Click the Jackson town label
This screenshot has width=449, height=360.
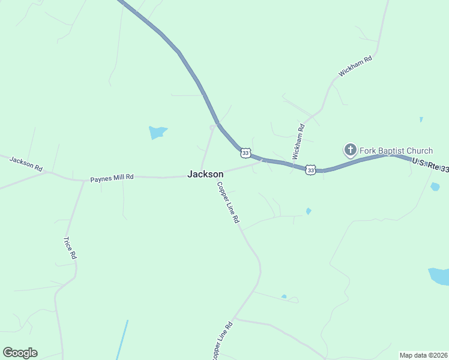pyautogui.click(x=205, y=174)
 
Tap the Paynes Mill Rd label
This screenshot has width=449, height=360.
pyautogui.click(x=112, y=178)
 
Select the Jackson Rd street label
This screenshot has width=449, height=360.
pyautogui.click(x=26, y=163)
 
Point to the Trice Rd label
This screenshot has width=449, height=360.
pyautogui.click(x=70, y=248)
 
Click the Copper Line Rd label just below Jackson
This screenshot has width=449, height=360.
pyautogui.click(x=228, y=203)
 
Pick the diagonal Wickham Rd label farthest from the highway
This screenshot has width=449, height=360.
pyautogui.click(x=355, y=66)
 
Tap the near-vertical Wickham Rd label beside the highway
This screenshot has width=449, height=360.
pyautogui.click(x=298, y=141)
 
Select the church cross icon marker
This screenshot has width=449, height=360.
pyautogui.click(x=350, y=149)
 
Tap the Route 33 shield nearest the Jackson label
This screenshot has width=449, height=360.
pyautogui.click(x=245, y=152)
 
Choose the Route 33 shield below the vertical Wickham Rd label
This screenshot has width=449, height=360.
pyautogui.click(x=310, y=170)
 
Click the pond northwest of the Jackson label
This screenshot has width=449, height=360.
pyautogui.click(x=157, y=132)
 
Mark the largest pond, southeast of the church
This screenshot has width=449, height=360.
pyautogui.click(x=439, y=276)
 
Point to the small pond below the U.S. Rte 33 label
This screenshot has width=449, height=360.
pyautogui.click(x=435, y=187)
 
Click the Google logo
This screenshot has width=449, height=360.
pyautogui.click(x=20, y=353)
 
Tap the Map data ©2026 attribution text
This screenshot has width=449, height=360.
pyautogui.click(x=423, y=355)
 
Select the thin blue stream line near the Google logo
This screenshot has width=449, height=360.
pyautogui.click(x=123, y=339)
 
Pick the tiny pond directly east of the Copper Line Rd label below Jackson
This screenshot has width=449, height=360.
pyautogui.click(x=309, y=211)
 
